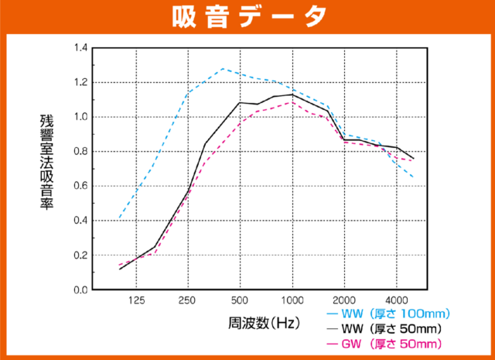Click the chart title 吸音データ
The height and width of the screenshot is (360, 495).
coord(247,15)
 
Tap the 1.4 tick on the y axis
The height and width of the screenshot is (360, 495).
coord(79,48)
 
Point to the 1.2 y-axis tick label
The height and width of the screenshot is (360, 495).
coord(79,83)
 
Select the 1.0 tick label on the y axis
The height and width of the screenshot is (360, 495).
coord(79,117)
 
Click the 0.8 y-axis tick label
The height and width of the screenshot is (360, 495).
coord(79,152)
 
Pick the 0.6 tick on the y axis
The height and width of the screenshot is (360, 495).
coord(79,186)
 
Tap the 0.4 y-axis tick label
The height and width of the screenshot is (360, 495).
coord(79,221)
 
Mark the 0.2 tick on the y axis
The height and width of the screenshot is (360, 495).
coord(79,255)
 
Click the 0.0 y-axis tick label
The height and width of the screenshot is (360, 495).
coord(79,290)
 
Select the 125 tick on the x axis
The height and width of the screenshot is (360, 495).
coord(136,301)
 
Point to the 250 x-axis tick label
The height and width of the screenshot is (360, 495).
coord(188,301)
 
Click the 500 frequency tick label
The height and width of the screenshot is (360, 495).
coord(240,301)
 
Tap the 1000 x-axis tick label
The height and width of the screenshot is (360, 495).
coord(292,301)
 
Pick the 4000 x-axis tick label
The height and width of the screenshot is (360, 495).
coord(396,301)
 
